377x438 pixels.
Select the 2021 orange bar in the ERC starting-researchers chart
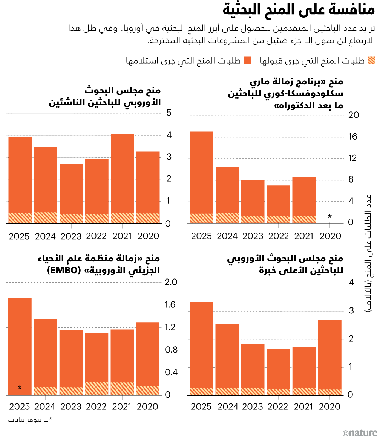(x=122, y=173)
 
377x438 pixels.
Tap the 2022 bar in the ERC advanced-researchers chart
(x=279, y=369)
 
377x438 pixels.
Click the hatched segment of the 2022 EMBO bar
(x=97, y=388)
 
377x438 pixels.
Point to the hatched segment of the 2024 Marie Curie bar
(x=227, y=218)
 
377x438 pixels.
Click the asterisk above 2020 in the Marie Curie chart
(x=329, y=216)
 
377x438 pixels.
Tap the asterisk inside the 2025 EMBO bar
(x=20, y=388)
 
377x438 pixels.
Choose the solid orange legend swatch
(x=248, y=61)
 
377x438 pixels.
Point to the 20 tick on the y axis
(x=352, y=116)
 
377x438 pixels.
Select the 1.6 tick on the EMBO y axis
(x=172, y=305)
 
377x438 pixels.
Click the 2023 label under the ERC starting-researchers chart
(x=71, y=236)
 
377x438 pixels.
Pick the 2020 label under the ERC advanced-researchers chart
(x=329, y=406)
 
